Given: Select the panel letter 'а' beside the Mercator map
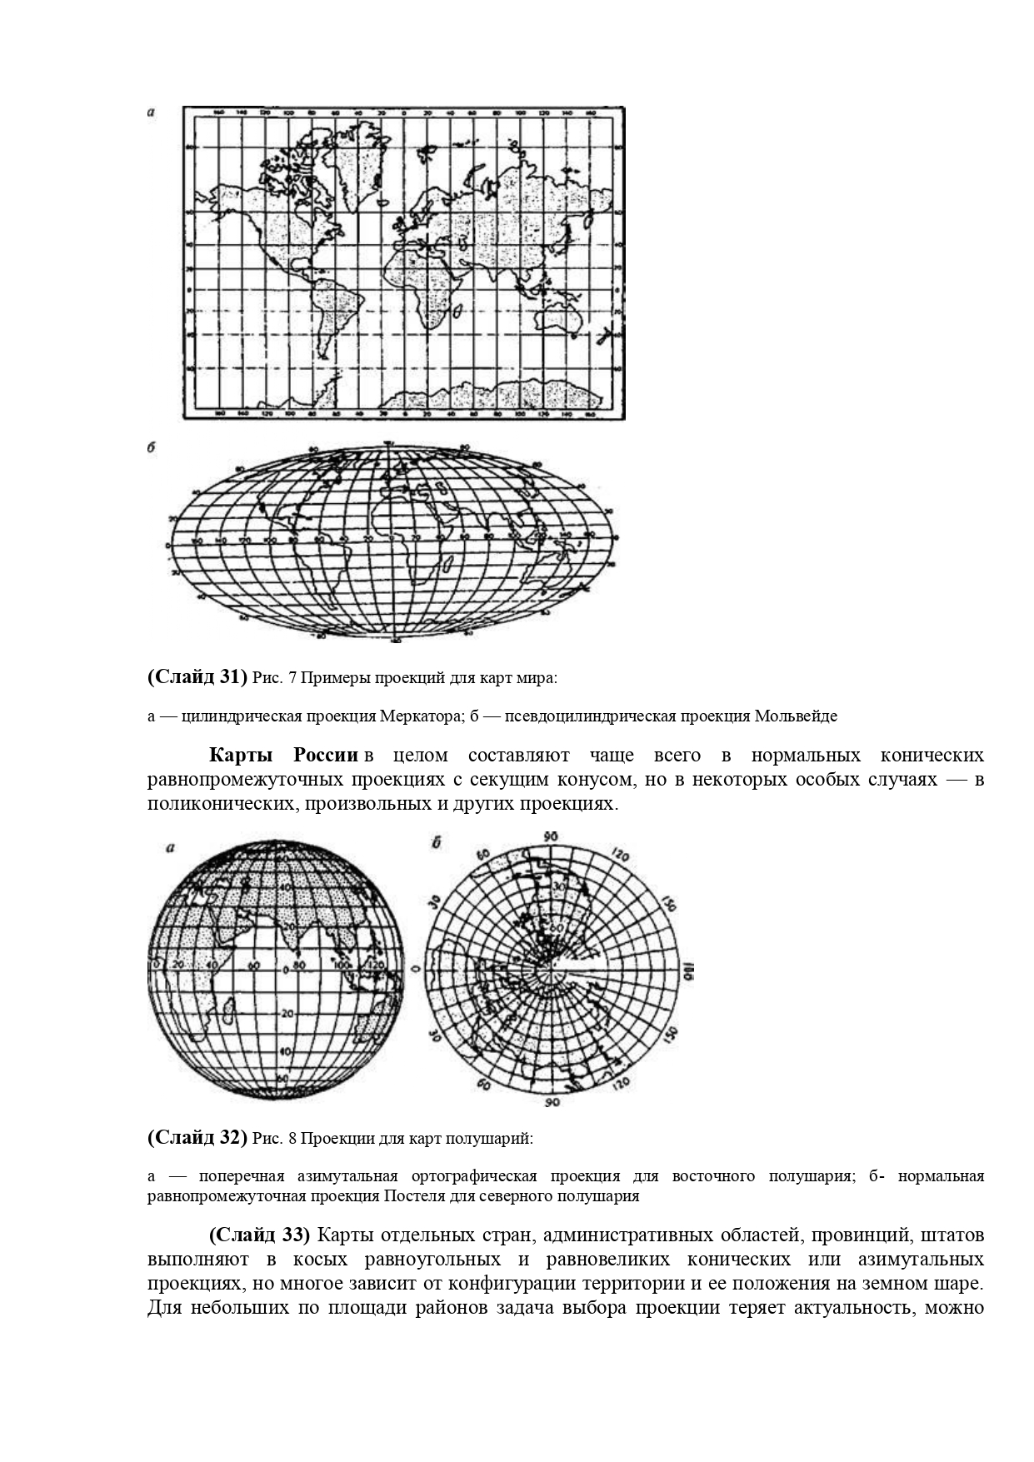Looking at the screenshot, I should point(151,112).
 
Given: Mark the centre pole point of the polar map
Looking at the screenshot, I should point(551,971).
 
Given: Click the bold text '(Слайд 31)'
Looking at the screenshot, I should point(197,677).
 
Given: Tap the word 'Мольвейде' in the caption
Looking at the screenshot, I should point(796,716).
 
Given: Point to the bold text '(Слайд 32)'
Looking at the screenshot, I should point(197,1137).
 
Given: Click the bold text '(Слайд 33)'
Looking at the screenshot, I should point(259,1233).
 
